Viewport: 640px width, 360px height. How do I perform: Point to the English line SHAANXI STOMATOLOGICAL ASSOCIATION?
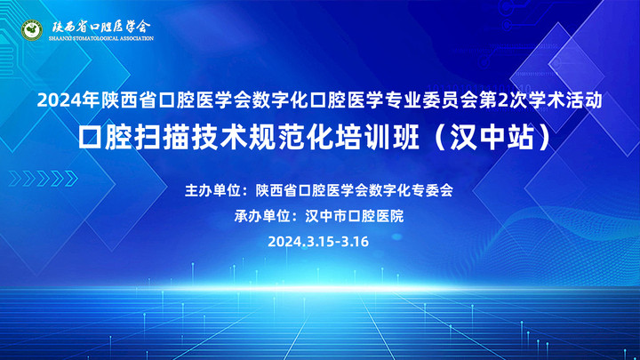coord(100,39)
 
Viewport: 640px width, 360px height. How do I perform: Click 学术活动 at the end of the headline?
coord(569,101)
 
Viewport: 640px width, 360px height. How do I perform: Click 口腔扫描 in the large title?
coord(134,140)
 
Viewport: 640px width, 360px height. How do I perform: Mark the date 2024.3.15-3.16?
coord(318,241)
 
